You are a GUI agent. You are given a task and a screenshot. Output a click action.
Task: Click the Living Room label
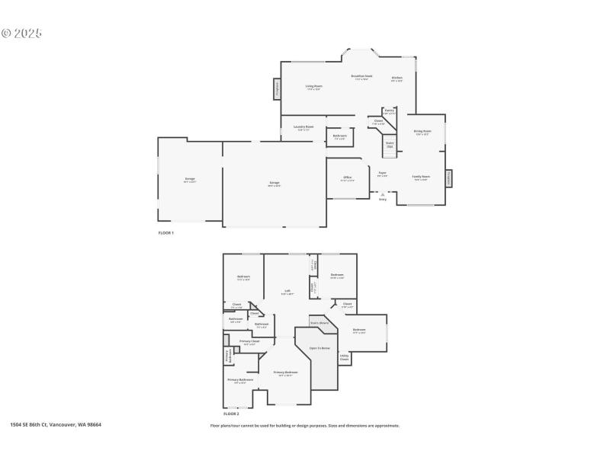pos(314,87)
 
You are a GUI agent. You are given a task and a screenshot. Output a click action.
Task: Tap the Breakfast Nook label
pos(361,77)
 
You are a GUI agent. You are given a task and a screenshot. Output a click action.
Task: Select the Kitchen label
pos(396,78)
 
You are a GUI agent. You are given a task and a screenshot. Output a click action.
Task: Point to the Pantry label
pos(389,111)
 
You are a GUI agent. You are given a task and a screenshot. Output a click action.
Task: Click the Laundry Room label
pos(303,128)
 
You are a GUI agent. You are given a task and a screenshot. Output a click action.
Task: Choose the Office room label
pos(347,179)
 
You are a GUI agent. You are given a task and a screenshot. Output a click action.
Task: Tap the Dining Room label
pos(422,132)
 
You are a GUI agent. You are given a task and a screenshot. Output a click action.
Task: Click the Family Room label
pos(421,177)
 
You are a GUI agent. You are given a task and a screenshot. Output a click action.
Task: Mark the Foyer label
pos(382,174)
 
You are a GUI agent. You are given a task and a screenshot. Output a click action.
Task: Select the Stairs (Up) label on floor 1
pos(390,144)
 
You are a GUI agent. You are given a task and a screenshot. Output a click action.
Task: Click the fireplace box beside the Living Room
pos(277,89)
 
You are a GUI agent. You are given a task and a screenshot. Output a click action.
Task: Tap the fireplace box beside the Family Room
pos(449,177)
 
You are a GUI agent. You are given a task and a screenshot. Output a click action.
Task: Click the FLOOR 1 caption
pos(165,232)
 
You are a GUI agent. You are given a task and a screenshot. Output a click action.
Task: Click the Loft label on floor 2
pos(287,292)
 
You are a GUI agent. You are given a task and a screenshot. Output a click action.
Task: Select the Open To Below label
pos(319,348)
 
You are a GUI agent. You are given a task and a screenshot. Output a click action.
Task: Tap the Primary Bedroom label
pos(285,372)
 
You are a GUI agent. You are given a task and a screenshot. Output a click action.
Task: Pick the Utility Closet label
pos(345,356)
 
